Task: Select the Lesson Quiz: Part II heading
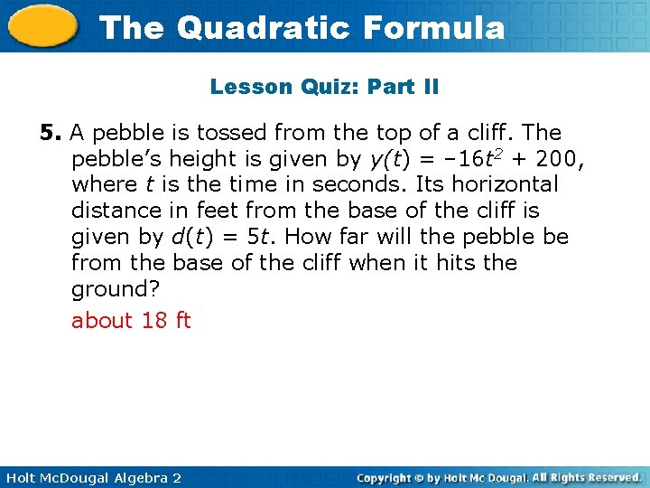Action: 324,87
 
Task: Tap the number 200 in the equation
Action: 558,159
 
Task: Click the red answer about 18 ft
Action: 131,321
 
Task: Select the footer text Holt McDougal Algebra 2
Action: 93,477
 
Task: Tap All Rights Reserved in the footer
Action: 585,477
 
